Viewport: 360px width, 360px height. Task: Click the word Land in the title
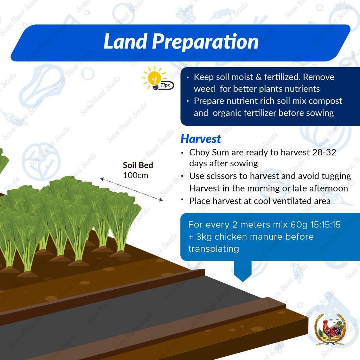(125, 41)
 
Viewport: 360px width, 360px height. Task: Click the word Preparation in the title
(205, 42)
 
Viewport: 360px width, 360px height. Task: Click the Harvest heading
(201, 139)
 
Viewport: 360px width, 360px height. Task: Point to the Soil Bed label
(138, 165)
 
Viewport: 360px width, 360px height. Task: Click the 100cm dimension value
(135, 175)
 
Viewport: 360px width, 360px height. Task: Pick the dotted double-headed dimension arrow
(131, 189)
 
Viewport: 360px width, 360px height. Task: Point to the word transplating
(213, 249)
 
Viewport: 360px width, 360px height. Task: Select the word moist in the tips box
(242, 77)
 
